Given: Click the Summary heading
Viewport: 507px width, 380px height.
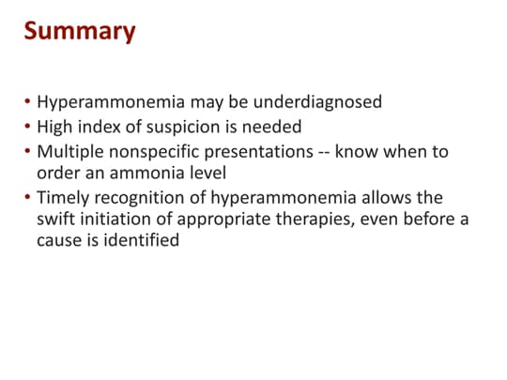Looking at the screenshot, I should (x=80, y=31).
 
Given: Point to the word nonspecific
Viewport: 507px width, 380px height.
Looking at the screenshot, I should (x=146, y=150).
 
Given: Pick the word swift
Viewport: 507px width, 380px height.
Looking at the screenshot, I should (x=56, y=220).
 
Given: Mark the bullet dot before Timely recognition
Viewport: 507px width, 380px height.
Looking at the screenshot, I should (x=28, y=197).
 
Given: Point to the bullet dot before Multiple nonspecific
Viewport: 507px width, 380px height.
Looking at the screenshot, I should (x=28, y=150).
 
